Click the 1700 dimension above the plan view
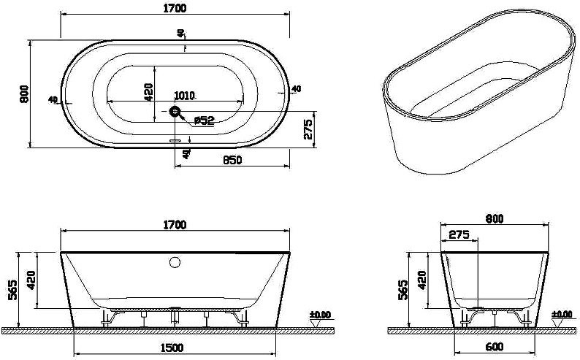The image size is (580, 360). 175,8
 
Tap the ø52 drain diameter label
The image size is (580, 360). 201,120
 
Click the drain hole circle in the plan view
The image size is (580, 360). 175,112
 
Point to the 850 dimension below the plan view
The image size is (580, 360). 232,161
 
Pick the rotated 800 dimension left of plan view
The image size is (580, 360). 24,93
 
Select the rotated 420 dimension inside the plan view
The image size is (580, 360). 148,92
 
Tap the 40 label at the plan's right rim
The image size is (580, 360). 296,89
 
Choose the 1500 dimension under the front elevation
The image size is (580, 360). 175,349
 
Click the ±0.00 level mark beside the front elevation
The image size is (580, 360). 320,315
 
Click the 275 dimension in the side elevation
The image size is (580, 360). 459,235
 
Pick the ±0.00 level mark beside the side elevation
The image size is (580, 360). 561,315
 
